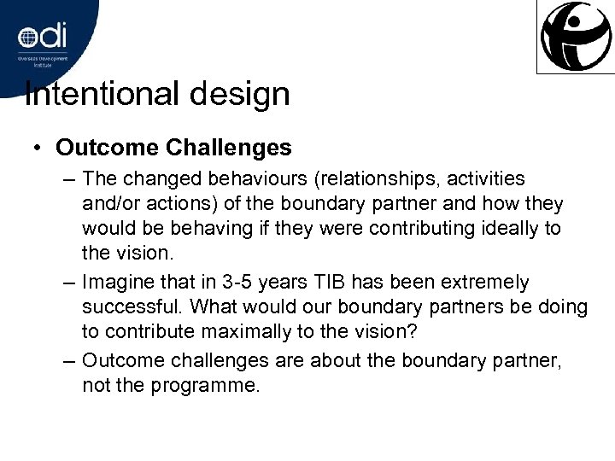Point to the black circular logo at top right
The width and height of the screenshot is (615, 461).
pyautogui.click(x=574, y=36)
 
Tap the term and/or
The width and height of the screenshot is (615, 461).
pyautogui.click(x=111, y=205)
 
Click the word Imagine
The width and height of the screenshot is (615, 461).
pyautogui.click(x=116, y=282)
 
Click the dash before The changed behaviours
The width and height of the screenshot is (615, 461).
pyautogui.click(x=69, y=180)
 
